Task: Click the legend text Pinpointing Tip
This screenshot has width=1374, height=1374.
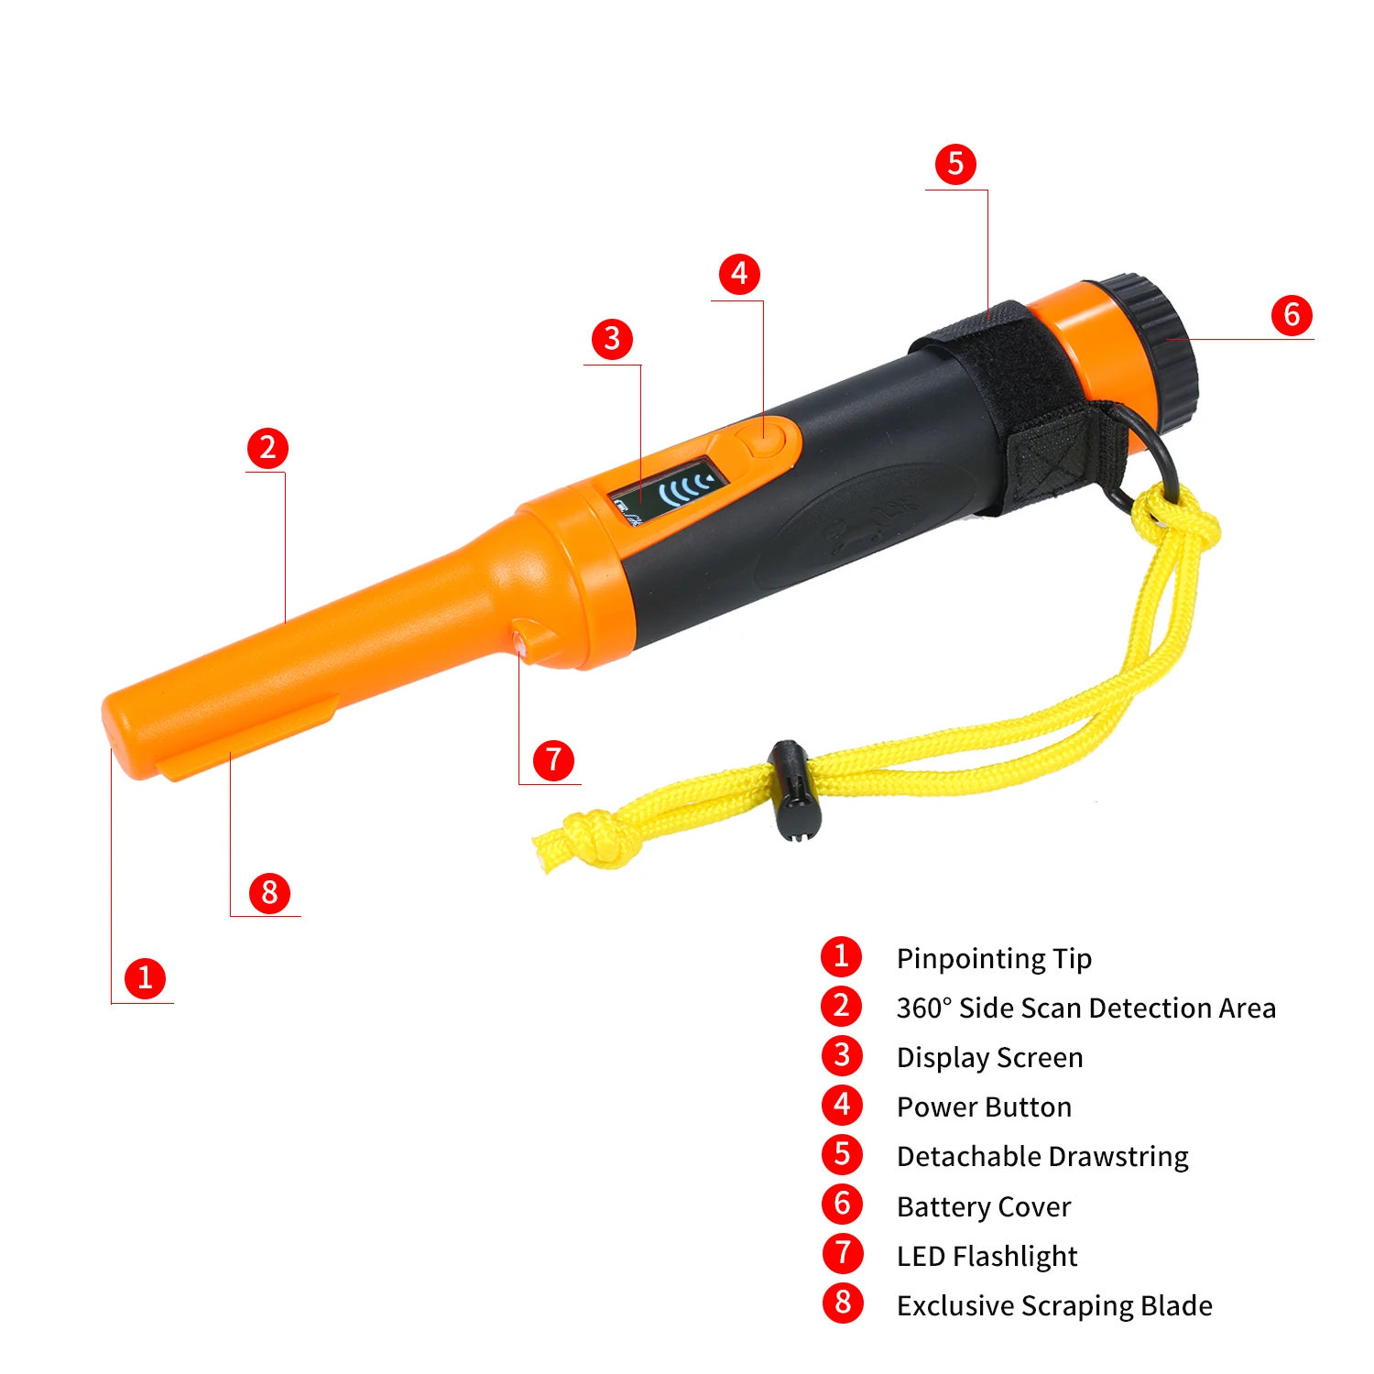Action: (994, 959)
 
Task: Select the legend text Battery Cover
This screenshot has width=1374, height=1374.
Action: (984, 1207)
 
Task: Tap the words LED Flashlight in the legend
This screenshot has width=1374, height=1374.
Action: (987, 1257)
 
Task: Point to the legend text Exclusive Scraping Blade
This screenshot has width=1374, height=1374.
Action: (1054, 1306)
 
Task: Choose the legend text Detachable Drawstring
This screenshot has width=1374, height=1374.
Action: (1042, 1158)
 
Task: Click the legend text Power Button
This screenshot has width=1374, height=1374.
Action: (984, 1107)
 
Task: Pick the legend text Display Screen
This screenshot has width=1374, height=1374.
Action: (989, 1059)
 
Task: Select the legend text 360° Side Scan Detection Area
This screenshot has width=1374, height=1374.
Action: (1086, 1009)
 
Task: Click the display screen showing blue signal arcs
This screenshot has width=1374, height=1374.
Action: (671, 491)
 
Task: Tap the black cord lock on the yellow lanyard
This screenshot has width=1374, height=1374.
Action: (791, 791)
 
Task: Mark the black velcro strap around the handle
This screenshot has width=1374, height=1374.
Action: (1017, 403)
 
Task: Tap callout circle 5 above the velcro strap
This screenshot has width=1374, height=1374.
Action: (955, 164)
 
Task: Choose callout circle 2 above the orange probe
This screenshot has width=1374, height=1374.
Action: (267, 448)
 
